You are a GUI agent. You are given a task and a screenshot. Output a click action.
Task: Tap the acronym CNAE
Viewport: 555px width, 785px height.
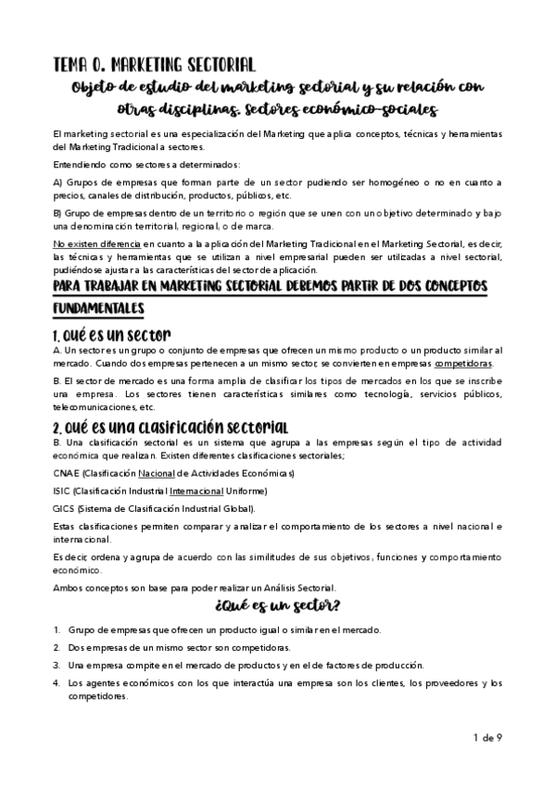tap(68, 473)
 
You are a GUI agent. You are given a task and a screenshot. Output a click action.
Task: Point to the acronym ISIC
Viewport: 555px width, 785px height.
tap(62, 491)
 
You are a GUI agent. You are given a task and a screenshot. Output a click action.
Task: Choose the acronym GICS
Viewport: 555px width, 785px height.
tap(65, 508)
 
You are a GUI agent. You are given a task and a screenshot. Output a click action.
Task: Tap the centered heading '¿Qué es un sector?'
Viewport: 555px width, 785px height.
tap(277, 607)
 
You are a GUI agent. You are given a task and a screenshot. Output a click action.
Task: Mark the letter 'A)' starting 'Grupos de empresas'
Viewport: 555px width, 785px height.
tap(59, 181)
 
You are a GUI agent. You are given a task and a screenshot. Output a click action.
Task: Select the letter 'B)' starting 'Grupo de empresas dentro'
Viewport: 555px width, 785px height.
tap(59, 214)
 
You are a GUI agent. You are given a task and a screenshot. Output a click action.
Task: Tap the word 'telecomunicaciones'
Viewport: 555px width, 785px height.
tap(93, 407)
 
